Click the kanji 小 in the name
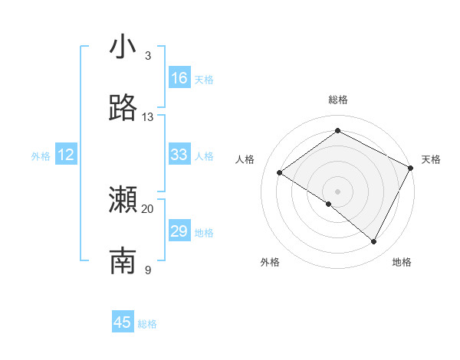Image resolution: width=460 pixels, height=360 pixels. (x=123, y=47)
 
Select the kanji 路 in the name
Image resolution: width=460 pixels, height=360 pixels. (x=123, y=109)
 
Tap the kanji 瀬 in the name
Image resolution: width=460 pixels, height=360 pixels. (x=123, y=201)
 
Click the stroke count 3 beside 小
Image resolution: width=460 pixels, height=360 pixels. (x=148, y=56)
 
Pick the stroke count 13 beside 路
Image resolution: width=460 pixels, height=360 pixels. (x=148, y=117)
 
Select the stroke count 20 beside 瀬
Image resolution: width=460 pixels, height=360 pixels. (x=148, y=209)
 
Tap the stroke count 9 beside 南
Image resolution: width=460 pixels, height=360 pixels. (x=148, y=270)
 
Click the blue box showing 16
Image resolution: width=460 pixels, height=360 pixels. (x=179, y=78)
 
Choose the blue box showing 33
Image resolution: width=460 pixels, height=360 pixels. (x=179, y=155)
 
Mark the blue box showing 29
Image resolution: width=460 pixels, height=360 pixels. (x=179, y=231)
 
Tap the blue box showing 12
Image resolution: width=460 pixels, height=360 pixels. (x=65, y=155)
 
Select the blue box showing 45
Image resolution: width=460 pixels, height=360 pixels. (x=123, y=322)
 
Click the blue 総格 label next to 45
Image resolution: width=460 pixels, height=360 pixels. (x=147, y=324)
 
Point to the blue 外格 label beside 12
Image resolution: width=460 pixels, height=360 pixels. (x=41, y=156)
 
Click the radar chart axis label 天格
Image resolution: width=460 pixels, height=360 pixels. (x=431, y=159)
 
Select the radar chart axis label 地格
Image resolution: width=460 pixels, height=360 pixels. (x=402, y=262)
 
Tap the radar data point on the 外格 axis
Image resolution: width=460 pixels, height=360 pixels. (x=329, y=204)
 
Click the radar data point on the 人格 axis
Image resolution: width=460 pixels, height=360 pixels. (x=280, y=173)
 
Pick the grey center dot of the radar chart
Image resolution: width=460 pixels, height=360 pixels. (x=337, y=191)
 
